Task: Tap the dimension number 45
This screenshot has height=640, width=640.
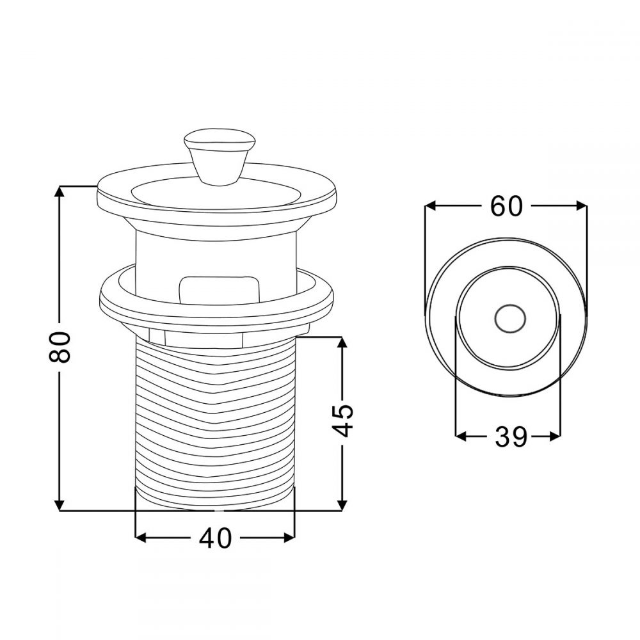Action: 342,420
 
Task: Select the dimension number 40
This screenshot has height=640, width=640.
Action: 215,538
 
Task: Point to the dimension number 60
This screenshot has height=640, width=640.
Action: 506,206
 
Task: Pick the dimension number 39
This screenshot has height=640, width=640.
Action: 511,436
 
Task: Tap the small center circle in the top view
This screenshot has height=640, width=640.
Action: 510,319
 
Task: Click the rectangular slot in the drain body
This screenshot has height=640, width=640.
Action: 220,290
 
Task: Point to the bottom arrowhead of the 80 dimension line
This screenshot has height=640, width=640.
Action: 60,504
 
